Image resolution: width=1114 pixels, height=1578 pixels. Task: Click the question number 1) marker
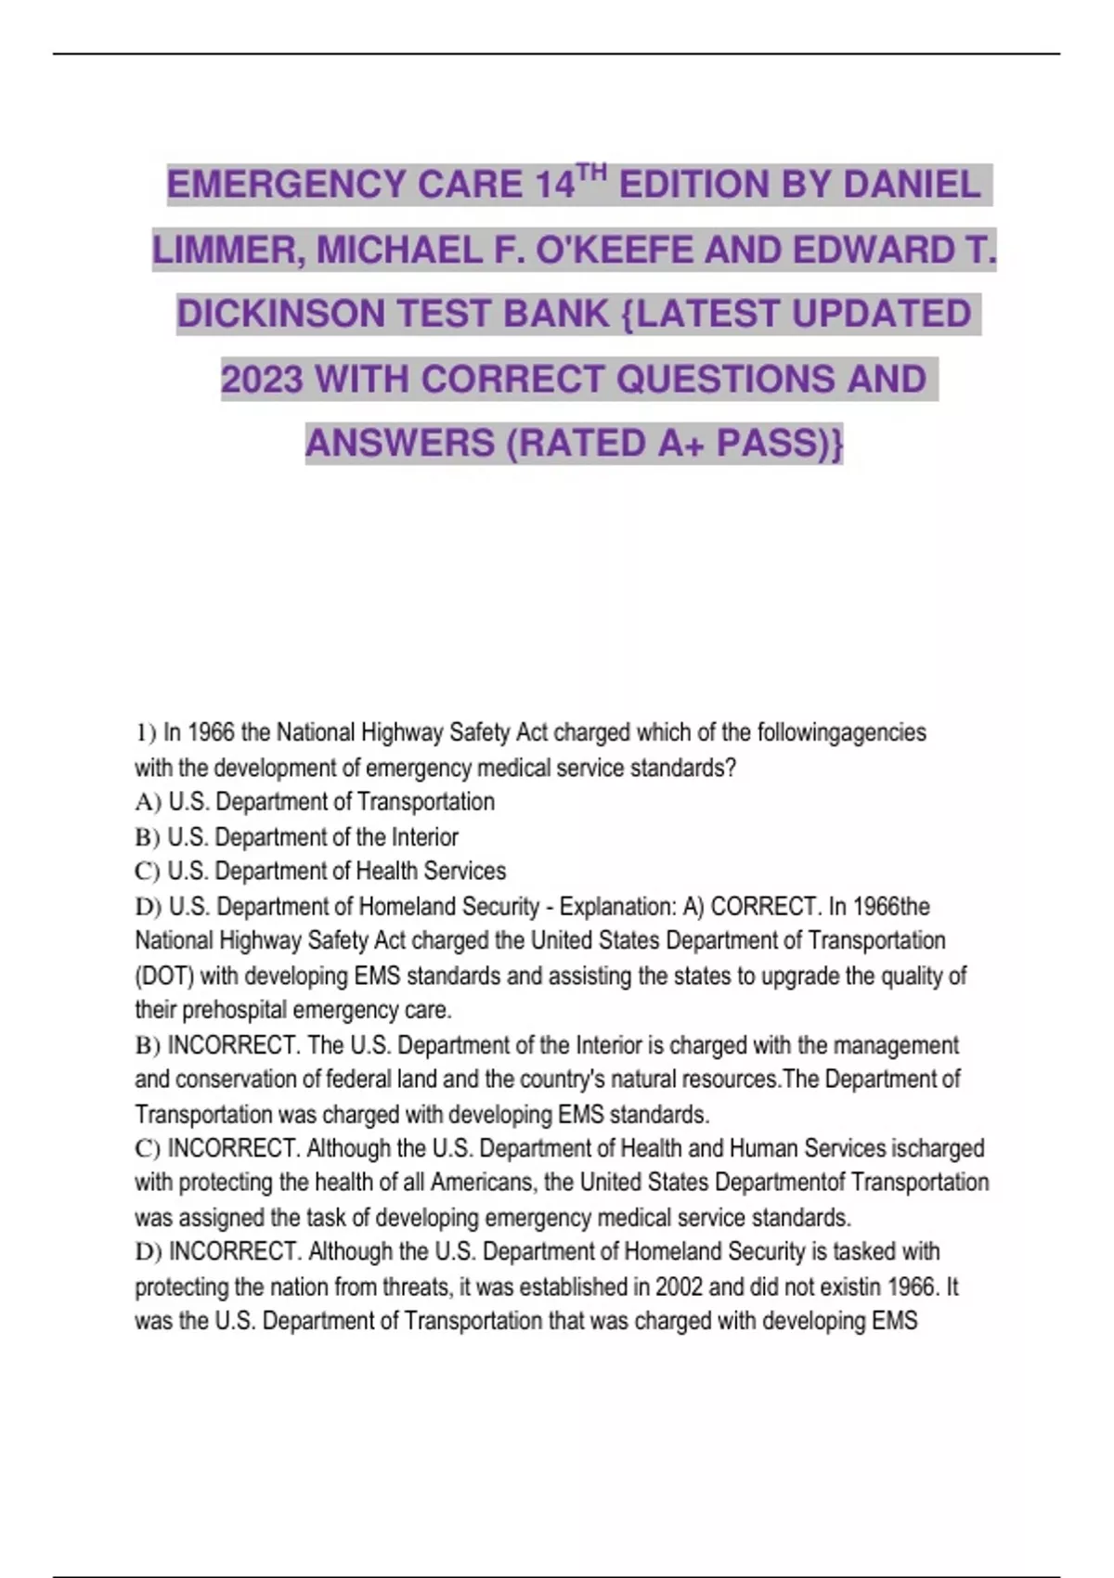[x=146, y=733]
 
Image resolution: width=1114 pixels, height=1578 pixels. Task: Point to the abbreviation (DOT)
[x=163, y=976]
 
